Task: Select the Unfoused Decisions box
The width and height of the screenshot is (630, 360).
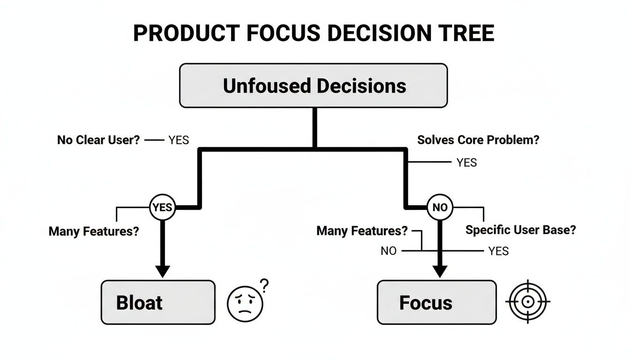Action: point(314,86)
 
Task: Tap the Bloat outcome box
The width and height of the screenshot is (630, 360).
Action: point(158,302)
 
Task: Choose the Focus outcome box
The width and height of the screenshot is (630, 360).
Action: point(436,302)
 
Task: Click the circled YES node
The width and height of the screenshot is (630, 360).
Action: point(162,207)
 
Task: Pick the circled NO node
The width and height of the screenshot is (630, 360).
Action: point(440,207)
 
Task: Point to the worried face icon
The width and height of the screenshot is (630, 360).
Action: point(245,303)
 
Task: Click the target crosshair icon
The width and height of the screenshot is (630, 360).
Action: point(528,302)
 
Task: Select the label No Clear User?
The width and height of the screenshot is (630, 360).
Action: point(98,140)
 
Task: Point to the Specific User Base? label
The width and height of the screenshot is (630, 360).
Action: point(520,230)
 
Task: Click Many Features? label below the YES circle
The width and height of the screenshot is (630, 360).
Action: point(94,231)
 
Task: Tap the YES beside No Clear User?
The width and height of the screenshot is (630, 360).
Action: point(178,140)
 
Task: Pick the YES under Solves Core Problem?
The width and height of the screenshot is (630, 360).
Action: point(466,163)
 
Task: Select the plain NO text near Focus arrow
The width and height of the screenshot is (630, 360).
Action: point(388,251)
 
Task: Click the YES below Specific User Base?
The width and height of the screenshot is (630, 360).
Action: point(498,251)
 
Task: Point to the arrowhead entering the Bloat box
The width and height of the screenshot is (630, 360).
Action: point(162,271)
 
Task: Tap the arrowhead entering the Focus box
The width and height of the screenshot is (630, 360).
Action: point(440,271)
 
